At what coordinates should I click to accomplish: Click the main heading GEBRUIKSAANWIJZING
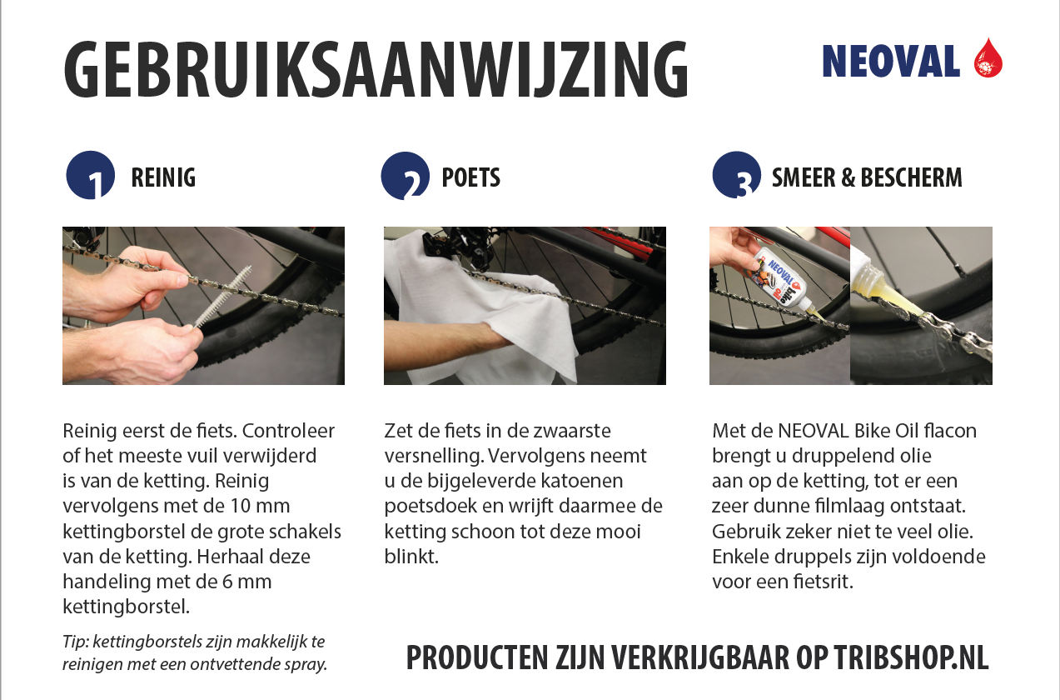point(376,69)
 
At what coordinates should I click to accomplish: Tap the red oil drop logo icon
point(988,57)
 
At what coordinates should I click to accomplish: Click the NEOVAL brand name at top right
point(891,62)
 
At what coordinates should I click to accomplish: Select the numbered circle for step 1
point(91,175)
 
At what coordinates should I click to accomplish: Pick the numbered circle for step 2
point(405,175)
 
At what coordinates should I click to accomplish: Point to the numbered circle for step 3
point(736,175)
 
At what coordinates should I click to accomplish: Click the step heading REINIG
point(163,177)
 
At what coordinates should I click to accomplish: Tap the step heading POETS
point(470,177)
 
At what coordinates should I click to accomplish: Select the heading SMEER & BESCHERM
point(867,177)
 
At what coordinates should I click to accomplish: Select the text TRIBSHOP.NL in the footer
point(912,657)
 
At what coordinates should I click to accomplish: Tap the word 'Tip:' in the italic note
point(75,642)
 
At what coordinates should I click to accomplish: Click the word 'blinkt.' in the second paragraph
point(411,557)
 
